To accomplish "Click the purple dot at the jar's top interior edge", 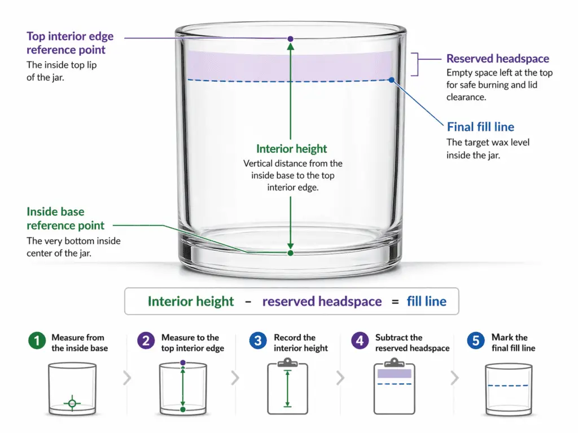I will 290,39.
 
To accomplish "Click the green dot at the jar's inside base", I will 290,253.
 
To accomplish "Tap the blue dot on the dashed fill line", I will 391,80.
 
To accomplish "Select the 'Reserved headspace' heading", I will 497,59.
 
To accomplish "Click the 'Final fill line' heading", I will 480,127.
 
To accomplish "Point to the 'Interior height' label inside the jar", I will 291,149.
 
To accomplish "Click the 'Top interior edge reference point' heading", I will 70,43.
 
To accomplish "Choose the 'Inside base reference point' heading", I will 65,219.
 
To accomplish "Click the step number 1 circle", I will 37,342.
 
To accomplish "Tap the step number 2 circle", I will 146,342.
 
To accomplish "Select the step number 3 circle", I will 258,342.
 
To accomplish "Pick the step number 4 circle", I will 360,342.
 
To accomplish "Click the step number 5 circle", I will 476,342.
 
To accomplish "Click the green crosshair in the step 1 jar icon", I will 72,403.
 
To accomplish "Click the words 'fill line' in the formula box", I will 426,302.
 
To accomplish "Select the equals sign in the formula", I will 394,302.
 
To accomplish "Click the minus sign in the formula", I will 248,302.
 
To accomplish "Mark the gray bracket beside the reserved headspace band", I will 417,64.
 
